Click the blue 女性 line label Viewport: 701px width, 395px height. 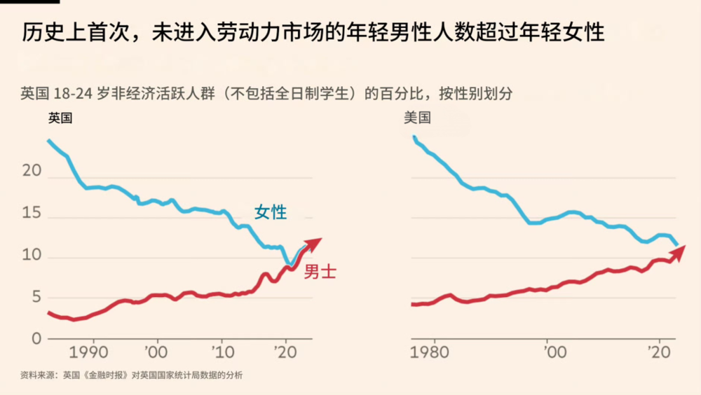tap(270, 212)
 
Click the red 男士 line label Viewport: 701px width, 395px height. tap(320, 272)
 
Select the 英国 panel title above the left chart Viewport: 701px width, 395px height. tap(60, 118)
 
